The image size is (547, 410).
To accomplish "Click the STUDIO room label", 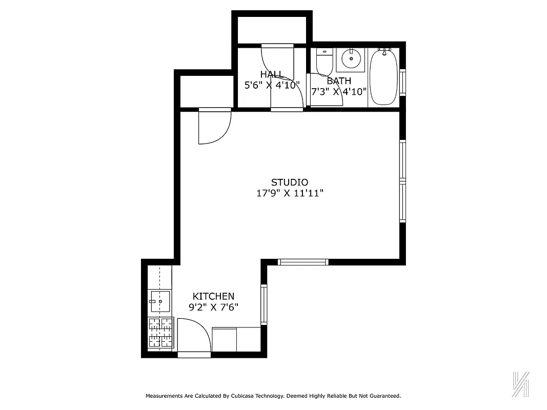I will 289,182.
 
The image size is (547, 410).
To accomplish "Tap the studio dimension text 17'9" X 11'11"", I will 290,193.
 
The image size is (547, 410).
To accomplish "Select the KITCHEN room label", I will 213,296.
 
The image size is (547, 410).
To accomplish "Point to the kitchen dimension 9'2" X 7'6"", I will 213,307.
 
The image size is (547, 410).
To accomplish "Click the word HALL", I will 271,74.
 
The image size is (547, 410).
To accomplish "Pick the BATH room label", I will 339,80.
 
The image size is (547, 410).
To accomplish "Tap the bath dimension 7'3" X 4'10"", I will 339,92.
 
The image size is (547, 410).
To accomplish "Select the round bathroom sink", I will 351,59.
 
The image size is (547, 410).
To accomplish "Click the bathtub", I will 383,77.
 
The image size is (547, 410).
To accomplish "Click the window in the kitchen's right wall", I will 264,304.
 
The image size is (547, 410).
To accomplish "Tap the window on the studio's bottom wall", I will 303,262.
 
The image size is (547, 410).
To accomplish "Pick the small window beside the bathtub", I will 402,81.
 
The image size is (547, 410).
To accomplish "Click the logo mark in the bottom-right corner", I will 521,383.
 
